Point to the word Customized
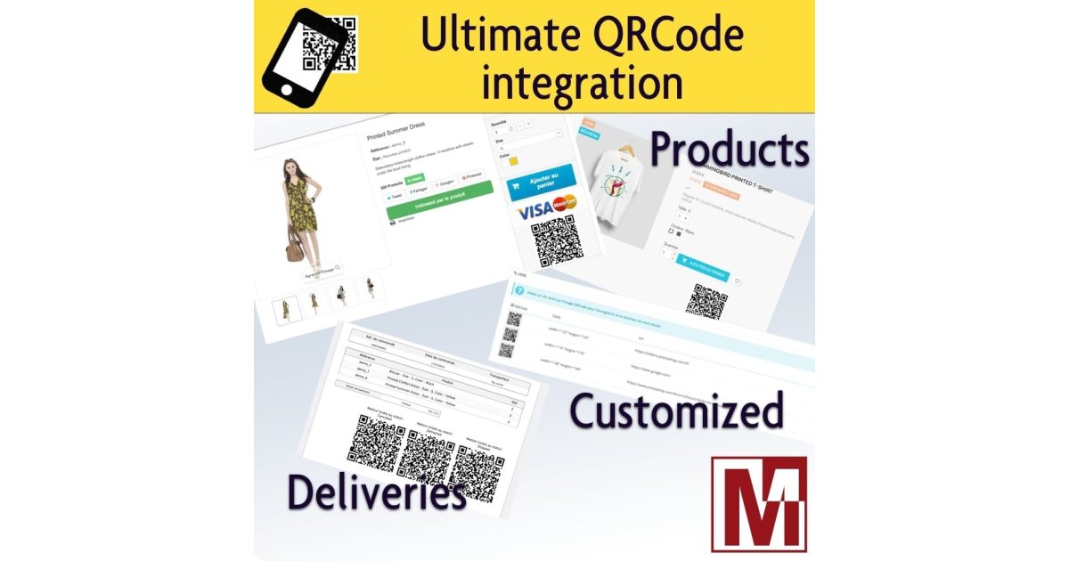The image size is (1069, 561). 676,411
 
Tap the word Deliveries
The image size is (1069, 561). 376,492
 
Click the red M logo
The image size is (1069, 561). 758,503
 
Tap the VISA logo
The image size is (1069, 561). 534,212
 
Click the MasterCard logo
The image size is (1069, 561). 565,204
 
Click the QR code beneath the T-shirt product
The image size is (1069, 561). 707,300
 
